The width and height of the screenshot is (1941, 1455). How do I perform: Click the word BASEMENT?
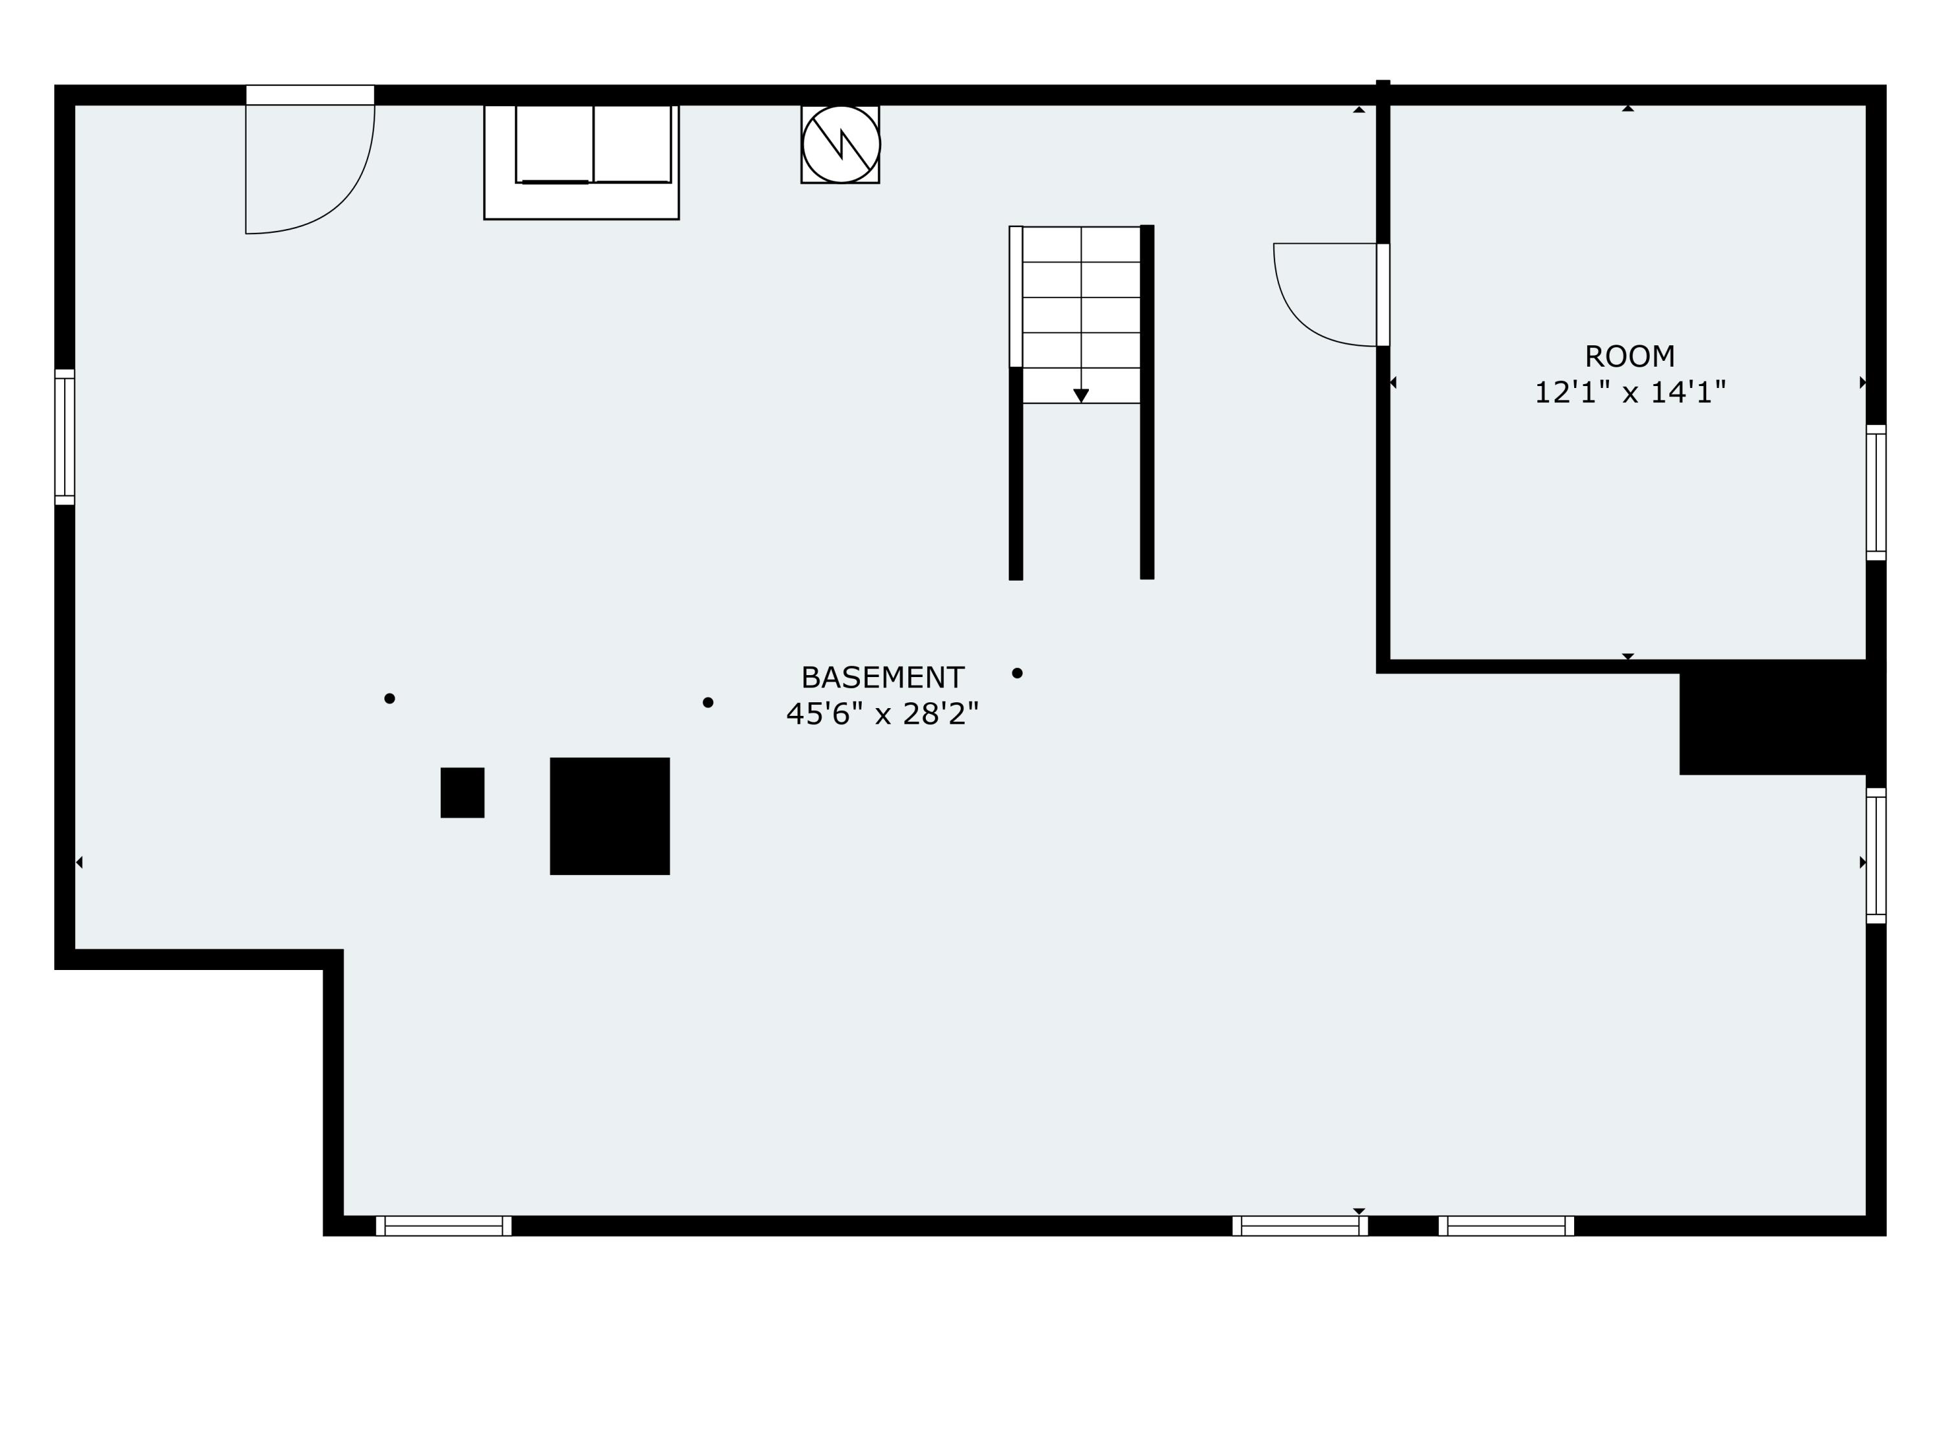(882, 678)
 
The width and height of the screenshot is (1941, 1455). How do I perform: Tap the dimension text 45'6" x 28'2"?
(882, 714)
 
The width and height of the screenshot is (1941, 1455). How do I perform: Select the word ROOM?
(1630, 357)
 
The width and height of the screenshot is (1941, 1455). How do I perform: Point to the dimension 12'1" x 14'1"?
(1630, 392)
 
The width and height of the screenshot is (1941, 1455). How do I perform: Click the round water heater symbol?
(840, 145)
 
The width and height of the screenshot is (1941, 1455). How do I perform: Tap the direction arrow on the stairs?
(1081, 396)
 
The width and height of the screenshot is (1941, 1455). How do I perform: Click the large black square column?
(610, 815)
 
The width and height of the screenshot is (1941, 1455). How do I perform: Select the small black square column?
(463, 793)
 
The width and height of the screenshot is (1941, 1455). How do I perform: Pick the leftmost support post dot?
(389, 699)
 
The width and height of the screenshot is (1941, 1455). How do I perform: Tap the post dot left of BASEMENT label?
(708, 702)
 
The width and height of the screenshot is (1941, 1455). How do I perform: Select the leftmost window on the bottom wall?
(444, 1226)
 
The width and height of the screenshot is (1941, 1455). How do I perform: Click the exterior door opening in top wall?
(310, 94)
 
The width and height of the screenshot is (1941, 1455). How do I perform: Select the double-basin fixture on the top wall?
(593, 145)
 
